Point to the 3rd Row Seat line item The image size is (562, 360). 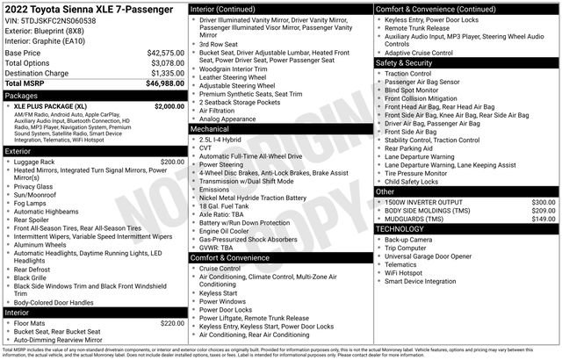click(218, 43)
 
